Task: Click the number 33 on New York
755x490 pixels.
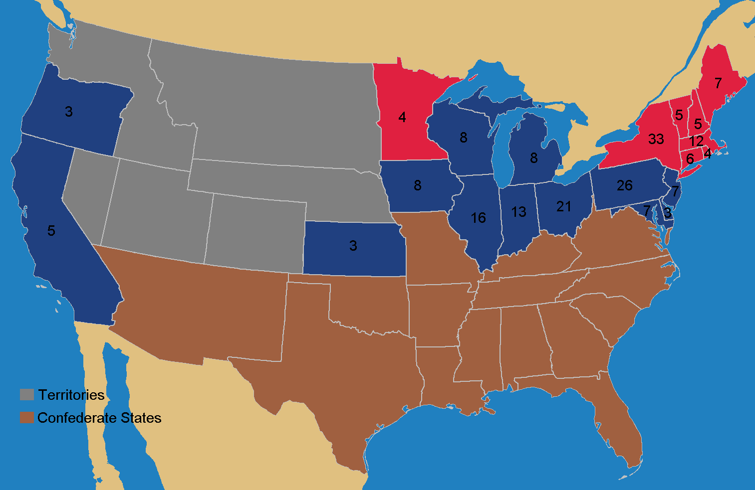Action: [x=656, y=139]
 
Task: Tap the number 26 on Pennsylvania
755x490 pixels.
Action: [x=624, y=185]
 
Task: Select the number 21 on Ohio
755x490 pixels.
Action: [x=563, y=206]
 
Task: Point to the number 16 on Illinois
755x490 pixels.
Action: [x=478, y=218]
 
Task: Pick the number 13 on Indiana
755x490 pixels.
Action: [x=518, y=212]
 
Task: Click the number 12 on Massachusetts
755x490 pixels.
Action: [x=696, y=141]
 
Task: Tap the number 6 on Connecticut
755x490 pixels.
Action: [x=690, y=159]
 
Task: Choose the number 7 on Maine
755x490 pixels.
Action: [x=718, y=83]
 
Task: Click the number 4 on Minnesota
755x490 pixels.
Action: [x=402, y=118]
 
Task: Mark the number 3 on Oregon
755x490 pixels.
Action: [x=69, y=112]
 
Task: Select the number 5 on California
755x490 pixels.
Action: [x=51, y=231]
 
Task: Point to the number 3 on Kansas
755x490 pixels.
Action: [x=353, y=246]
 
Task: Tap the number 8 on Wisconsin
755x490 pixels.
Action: [x=464, y=138]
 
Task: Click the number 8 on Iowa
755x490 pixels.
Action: [x=417, y=185]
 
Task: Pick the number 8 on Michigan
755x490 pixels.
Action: [x=533, y=159]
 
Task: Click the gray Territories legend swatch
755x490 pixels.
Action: [x=26, y=395]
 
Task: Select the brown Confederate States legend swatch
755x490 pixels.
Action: [x=26, y=418]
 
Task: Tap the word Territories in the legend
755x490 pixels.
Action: [x=71, y=395]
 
